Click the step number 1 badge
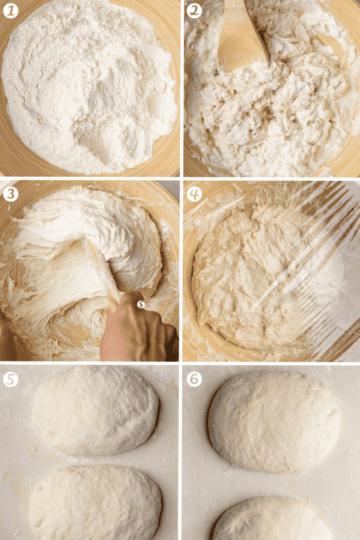point(10,11)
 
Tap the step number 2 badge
point(194,11)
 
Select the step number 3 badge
point(10,194)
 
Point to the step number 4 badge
point(194,194)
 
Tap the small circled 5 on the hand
point(141,304)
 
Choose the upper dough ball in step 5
point(95,410)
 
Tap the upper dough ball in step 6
point(274,421)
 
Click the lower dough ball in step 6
point(272,520)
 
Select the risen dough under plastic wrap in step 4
point(262,275)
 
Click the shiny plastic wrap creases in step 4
point(306,248)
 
